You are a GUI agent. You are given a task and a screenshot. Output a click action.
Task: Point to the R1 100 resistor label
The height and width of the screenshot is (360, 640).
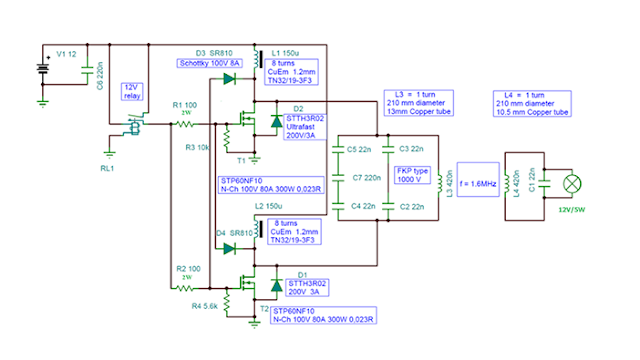tap(185, 104)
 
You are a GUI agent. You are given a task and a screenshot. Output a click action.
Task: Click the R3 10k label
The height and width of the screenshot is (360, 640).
tap(198, 148)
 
